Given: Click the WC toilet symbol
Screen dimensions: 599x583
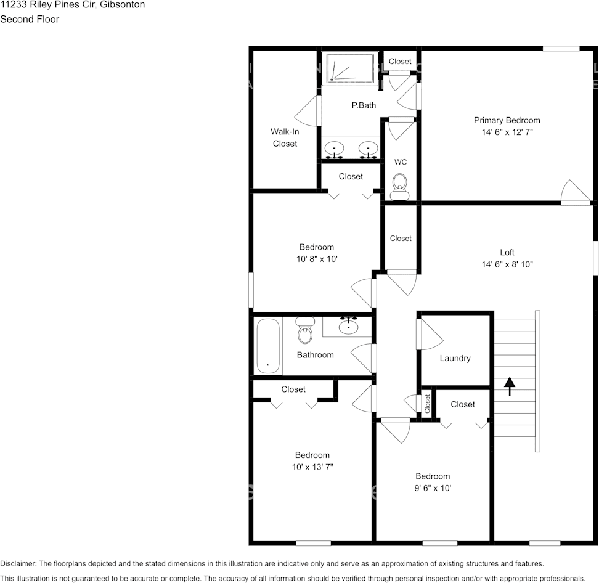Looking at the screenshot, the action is [399, 187].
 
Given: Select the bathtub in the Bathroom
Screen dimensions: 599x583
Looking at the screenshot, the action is [268, 346].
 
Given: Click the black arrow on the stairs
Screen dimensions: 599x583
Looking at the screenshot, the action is [509, 386].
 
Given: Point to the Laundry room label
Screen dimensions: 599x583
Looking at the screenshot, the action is [455, 358].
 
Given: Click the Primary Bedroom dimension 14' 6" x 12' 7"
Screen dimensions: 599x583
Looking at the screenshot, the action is [507, 132].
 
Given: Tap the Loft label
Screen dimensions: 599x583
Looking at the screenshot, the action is [507, 252].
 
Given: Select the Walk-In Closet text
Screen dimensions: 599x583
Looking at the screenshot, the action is [285, 137].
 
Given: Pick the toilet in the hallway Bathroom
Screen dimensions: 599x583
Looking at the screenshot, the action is [304, 330].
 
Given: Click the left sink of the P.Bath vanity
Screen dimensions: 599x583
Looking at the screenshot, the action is [334, 149].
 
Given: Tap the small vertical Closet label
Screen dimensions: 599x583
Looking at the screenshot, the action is [428, 404].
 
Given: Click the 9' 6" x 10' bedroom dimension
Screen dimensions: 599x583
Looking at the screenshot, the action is [433, 488].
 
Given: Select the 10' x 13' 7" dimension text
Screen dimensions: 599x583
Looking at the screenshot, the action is [312, 467].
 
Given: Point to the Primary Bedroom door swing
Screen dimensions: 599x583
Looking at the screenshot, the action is [576, 190].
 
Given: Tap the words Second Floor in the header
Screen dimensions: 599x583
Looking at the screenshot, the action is [30, 19].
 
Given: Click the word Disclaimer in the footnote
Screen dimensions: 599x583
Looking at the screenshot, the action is [18, 563].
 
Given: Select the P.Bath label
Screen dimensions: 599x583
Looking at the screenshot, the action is [364, 105].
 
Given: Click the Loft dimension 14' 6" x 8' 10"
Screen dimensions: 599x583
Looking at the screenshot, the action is [507, 264].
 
